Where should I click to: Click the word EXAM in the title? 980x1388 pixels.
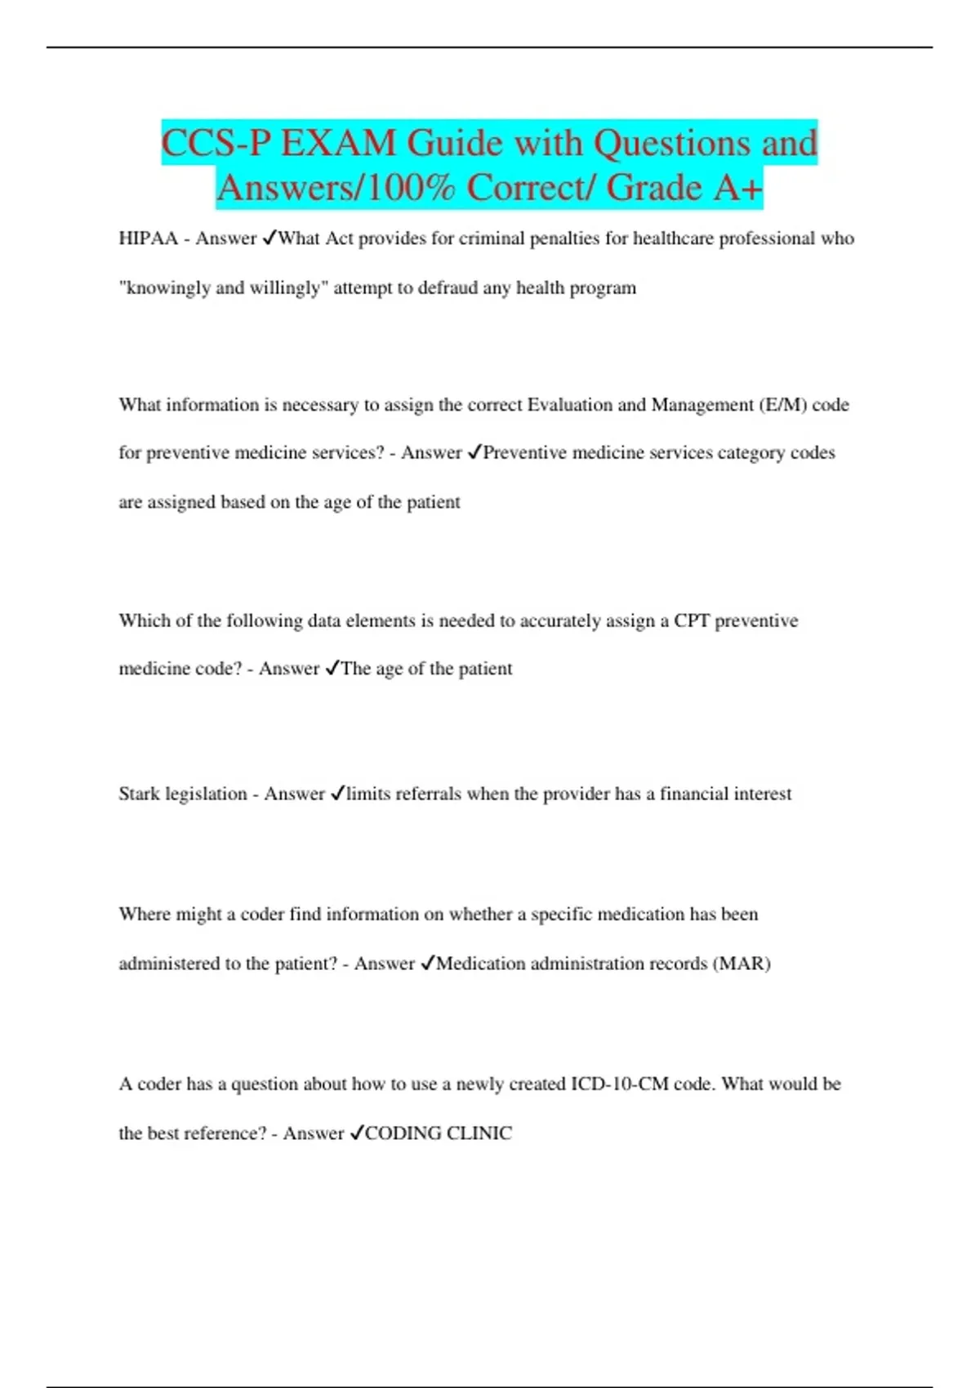[337, 144]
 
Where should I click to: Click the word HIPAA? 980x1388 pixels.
[148, 238]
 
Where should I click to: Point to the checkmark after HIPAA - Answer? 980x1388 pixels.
[269, 238]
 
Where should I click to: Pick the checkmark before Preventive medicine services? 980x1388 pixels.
[474, 453]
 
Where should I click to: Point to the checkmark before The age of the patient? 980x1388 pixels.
[332, 669]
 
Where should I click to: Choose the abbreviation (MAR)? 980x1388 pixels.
[742, 963]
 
